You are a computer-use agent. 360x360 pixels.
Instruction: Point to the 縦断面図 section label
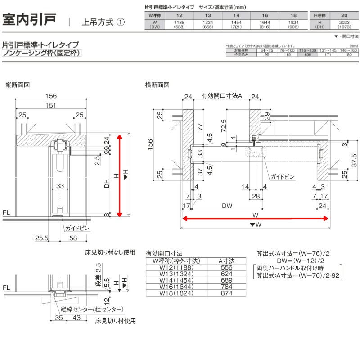tap(18, 85)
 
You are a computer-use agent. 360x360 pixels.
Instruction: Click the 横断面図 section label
tap(157, 85)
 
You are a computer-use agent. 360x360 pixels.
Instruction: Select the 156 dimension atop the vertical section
tap(51, 96)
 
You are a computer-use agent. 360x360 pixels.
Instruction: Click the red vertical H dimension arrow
tap(120, 175)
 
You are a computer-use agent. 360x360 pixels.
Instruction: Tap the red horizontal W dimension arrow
tap(255, 218)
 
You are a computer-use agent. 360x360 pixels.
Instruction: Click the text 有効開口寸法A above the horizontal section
tap(222, 96)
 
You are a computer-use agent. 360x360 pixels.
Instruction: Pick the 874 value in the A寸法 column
tap(227, 293)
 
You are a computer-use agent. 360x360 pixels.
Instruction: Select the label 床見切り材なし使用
tap(110, 252)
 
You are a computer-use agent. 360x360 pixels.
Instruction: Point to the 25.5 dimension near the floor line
tap(41, 237)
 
